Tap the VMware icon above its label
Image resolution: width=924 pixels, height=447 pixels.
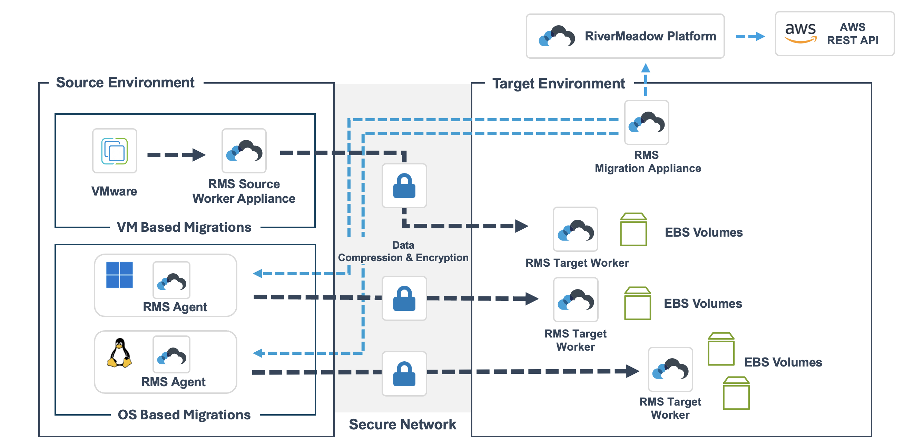115,151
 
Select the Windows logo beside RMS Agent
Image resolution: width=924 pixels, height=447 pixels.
119,275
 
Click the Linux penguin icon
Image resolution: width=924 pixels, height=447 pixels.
119,353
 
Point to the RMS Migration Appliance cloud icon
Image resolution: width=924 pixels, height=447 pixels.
646,122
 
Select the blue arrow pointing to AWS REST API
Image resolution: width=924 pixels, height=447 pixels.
750,36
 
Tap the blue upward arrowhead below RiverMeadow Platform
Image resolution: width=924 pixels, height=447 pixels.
646,68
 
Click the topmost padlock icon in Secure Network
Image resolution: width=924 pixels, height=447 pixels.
404,186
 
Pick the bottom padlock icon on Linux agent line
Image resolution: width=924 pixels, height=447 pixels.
404,374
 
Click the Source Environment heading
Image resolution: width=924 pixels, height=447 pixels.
125,83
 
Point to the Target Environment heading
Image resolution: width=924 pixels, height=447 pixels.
559,84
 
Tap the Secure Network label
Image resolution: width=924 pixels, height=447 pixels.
402,425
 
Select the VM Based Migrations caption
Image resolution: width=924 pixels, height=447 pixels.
184,227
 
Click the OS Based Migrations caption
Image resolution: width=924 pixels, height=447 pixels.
184,415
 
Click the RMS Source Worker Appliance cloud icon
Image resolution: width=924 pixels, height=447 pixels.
244,151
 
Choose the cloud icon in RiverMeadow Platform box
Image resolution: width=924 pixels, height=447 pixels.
557,36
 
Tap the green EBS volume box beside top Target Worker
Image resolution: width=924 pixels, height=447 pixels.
633,230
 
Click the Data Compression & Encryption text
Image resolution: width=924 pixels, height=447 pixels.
403,251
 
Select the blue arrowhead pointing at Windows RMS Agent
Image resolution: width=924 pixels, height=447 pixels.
257,274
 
